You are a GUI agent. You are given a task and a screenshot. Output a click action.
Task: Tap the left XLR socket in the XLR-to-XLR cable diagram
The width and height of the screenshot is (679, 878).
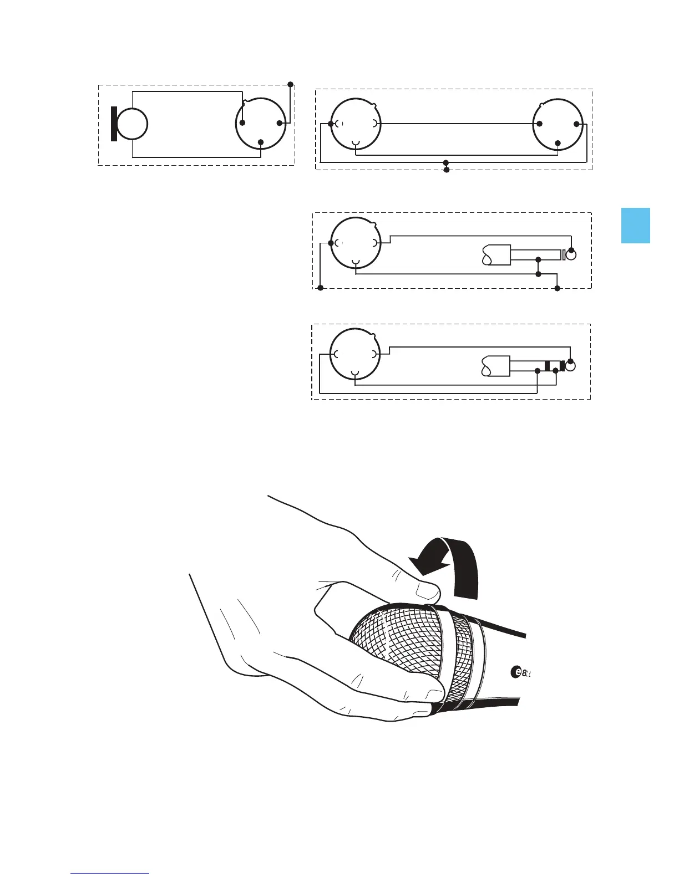pyautogui.click(x=355, y=124)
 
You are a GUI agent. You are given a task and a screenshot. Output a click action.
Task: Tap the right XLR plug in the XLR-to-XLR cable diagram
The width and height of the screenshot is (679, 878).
pyautogui.click(x=558, y=124)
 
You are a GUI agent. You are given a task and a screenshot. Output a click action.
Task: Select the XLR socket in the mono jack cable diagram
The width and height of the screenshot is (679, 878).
pyautogui.click(x=355, y=243)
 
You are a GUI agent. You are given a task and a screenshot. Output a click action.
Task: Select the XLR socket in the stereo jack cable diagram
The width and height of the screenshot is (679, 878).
pyautogui.click(x=355, y=354)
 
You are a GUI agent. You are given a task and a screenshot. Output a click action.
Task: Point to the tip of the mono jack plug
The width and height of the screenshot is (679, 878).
pyautogui.click(x=571, y=255)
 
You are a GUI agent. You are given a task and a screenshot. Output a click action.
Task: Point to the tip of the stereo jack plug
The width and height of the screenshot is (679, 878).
pyautogui.click(x=570, y=366)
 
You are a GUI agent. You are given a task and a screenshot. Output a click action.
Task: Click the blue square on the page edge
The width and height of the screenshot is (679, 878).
pyautogui.click(x=635, y=226)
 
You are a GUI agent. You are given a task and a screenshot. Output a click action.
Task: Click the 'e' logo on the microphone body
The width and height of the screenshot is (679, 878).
pyautogui.click(x=515, y=672)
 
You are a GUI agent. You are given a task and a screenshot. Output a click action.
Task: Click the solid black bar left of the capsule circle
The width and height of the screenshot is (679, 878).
pyautogui.click(x=114, y=124)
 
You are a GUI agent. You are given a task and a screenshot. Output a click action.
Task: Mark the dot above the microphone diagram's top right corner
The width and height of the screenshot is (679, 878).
pyautogui.click(x=290, y=84)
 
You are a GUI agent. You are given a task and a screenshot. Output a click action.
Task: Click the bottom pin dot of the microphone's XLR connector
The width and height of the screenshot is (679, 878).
pyautogui.click(x=261, y=141)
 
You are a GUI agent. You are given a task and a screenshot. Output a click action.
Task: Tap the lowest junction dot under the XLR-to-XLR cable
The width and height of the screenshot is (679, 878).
pyautogui.click(x=447, y=169)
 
